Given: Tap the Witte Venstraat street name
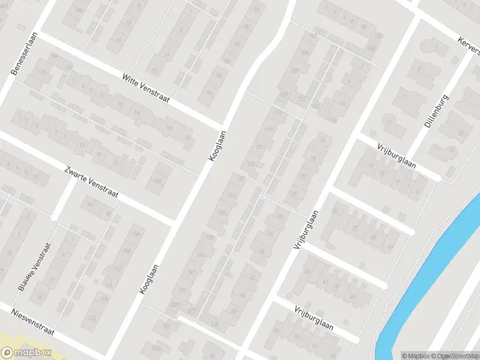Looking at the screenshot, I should pyautogui.click(x=146, y=87).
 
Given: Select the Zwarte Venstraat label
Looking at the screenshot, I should pyautogui.click(x=92, y=184).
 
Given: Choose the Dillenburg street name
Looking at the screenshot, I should pyautogui.click(x=436, y=111).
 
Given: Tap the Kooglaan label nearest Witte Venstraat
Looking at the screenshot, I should pyautogui.click(x=217, y=146).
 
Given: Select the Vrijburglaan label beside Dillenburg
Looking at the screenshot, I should pyautogui.click(x=397, y=156).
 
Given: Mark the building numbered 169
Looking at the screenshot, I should pyautogui.click(x=42, y=73).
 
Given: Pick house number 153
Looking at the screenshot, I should pyautogui.click(x=167, y=326).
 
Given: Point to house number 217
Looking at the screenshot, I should pyautogui.click(x=192, y=310).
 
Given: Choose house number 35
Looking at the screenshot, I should pyautogui.click(x=352, y=297).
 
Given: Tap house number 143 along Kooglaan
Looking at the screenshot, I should pyautogui.click(x=200, y=255).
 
